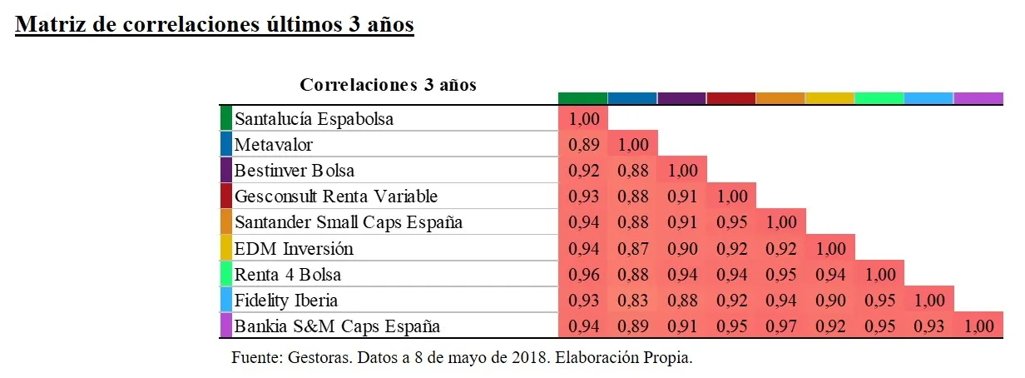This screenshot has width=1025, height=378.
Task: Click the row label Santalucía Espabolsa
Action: coord(314,118)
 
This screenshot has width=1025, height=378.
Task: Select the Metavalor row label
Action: coord(274,144)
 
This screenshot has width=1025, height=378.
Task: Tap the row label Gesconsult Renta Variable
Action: coord(335,196)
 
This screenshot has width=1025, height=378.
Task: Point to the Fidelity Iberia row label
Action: coord(285,300)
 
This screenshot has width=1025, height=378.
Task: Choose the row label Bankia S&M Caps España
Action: coord(337,326)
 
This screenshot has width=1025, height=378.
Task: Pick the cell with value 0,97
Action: coord(781,326)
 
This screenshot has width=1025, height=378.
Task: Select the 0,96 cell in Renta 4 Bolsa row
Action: coord(583,274)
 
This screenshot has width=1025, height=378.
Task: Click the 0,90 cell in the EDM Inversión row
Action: coord(682,248)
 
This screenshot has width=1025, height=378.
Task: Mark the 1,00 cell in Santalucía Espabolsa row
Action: coord(583,118)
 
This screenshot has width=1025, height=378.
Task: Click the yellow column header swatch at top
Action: coord(829,97)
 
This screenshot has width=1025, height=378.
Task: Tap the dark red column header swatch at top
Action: coord(730,97)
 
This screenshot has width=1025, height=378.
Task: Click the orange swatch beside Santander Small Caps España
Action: coord(225,222)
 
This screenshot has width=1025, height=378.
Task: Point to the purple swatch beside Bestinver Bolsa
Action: coord(225,170)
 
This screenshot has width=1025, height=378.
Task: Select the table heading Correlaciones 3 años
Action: coord(388,85)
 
